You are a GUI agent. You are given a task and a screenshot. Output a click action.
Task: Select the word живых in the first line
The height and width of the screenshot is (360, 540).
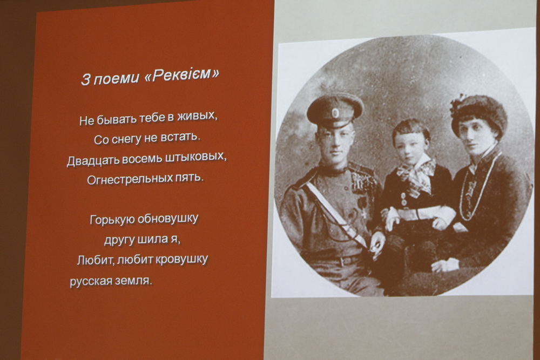pos(197,117)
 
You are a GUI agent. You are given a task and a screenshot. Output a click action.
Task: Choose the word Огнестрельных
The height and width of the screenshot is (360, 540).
pos(130,179)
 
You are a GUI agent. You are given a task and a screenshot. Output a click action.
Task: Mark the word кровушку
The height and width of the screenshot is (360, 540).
pos(182,259)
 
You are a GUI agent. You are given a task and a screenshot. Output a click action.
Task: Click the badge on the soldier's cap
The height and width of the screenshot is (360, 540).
pos(335,113)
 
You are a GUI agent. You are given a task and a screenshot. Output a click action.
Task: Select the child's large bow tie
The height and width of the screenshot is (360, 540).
pos(417,174)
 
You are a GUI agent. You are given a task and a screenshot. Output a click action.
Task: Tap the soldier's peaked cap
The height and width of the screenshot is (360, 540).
pos(335,110)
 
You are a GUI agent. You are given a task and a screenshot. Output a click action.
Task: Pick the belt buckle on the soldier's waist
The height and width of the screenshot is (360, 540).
pos(342,262)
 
